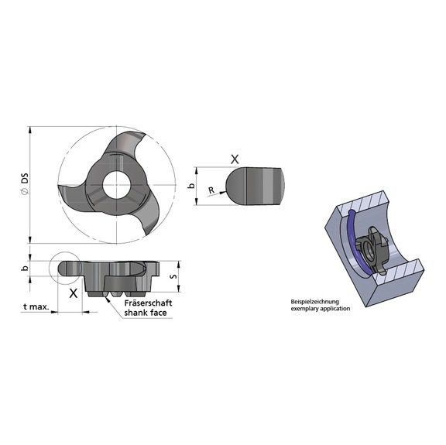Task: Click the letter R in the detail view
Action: click(211, 188)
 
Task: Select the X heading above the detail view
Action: click(235, 158)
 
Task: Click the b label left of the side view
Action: click(24, 269)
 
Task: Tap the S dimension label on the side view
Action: click(174, 273)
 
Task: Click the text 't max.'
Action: click(36, 306)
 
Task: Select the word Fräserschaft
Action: click(148, 303)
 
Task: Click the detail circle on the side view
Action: click(63, 268)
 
